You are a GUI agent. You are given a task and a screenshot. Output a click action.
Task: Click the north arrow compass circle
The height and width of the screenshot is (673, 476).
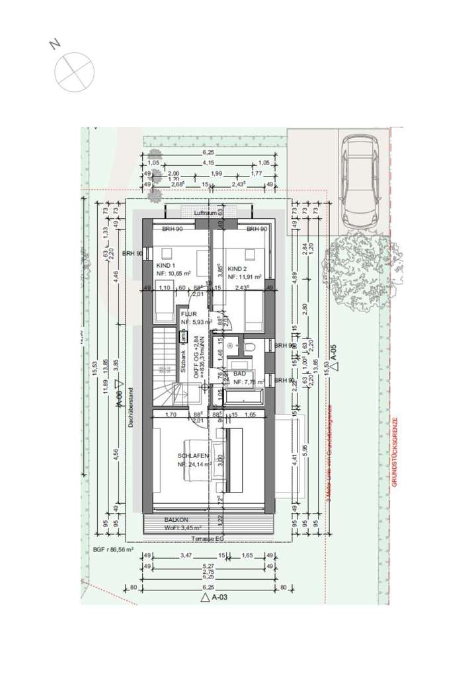coord(74,71)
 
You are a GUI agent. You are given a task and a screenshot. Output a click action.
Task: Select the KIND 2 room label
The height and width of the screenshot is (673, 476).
coord(237,269)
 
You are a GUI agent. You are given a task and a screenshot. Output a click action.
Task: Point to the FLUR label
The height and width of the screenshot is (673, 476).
coord(190,315)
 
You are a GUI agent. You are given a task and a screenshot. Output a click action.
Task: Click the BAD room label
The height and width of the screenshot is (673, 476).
coord(239,374)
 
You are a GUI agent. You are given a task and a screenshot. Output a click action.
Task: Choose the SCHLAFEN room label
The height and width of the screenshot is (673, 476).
coord(193,457)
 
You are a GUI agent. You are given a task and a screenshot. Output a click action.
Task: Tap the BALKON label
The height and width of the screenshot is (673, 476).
coord(177,520)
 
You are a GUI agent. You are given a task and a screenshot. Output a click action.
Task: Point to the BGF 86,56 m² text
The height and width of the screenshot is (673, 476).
coord(113,549)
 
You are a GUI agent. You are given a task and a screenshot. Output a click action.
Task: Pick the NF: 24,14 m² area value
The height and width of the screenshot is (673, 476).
coord(194,465)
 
